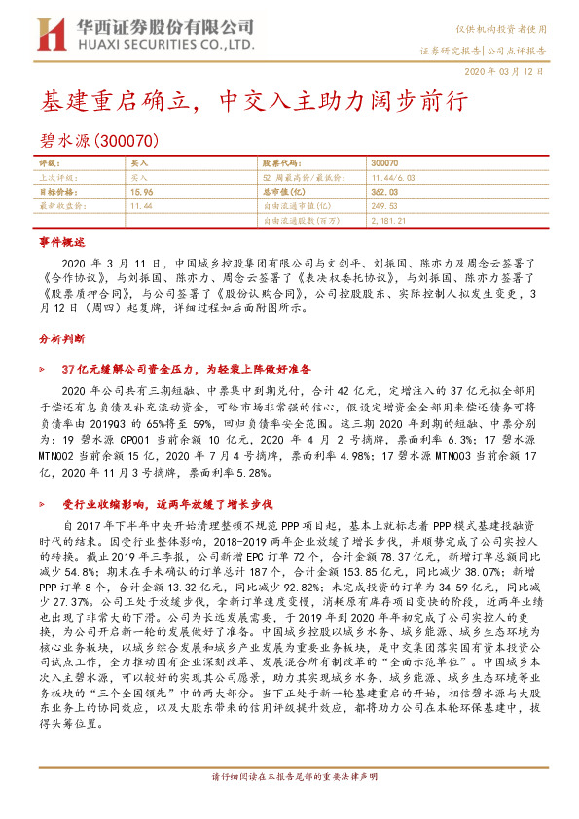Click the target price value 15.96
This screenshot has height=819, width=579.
tap(140, 193)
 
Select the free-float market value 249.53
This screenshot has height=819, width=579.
tap(384, 206)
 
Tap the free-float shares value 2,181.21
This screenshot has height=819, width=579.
tap(389, 221)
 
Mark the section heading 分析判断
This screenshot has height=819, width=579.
tap(62, 338)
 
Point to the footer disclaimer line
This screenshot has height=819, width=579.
tap(289, 804)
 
